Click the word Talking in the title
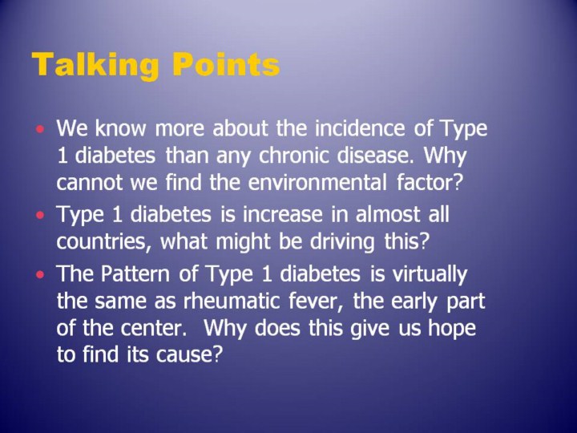tap(95, 66)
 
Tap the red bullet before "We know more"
tap(41, 129)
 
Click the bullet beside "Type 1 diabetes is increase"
tap(41, 215)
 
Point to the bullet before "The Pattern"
tap(41, 274)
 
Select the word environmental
tap(317, 182)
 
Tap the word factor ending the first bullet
tap(429, 182)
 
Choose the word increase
tap(283, 214)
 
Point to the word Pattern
tap(135, 273)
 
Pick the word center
tap(153, 329)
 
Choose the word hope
tap(452, 329)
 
